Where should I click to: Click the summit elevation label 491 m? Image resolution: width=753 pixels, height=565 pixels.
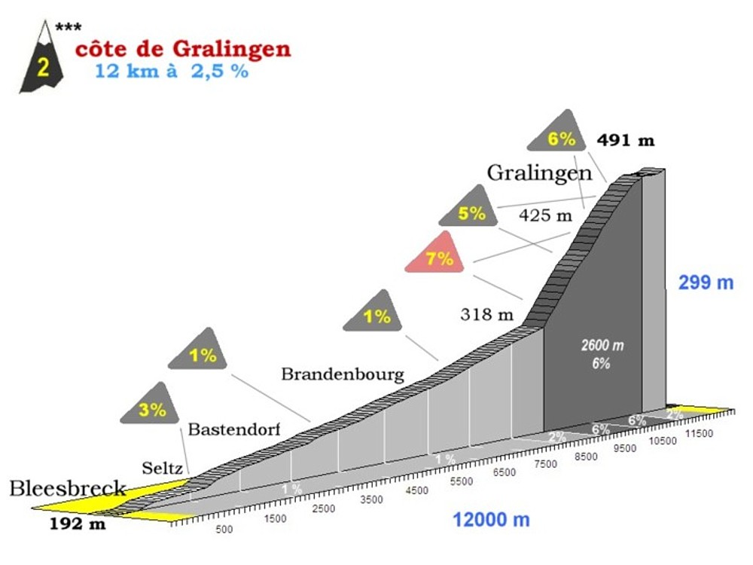626,140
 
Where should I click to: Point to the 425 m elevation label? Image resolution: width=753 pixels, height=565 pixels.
545,215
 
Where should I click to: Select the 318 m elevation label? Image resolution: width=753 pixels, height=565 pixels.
486,314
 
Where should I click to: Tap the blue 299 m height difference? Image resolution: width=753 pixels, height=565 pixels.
706,283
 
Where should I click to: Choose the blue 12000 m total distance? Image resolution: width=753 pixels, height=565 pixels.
491,520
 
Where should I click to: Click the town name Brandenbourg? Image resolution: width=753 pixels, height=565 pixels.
343,374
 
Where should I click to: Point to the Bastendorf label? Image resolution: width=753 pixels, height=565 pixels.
234,429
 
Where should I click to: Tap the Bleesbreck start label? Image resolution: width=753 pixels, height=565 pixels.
67,488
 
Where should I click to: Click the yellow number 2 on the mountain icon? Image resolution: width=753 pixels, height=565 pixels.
43,68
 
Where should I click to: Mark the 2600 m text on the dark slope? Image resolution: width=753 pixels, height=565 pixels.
602,345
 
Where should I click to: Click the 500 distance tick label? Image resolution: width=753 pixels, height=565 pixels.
224,530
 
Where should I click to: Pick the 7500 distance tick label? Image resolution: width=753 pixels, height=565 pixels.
545,464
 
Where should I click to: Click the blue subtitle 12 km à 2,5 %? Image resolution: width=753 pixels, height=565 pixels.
172,73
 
